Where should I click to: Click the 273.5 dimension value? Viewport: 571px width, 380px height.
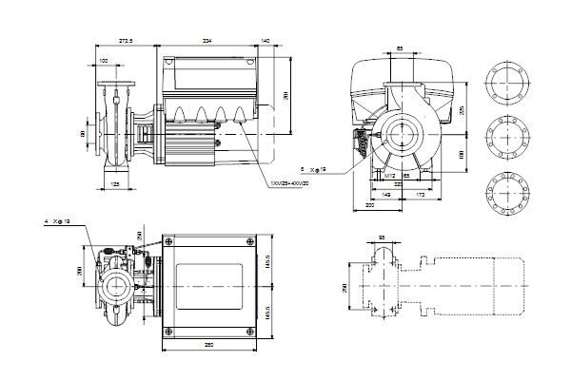tap(124, 42)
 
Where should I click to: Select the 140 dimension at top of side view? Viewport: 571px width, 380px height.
tap(266, 42)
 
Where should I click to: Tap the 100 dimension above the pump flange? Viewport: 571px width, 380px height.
tap(103, 62)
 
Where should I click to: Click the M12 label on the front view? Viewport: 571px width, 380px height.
tap(389, 176)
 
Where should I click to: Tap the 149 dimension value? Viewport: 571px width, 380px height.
tap(386, 194)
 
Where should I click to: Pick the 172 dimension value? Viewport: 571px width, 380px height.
tap(418, 194)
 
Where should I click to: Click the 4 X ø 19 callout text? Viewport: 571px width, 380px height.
tap(58, 221)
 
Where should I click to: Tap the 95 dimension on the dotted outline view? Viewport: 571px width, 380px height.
tap(382, 238)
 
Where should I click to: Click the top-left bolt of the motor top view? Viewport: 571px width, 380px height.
tap(168, 241)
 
